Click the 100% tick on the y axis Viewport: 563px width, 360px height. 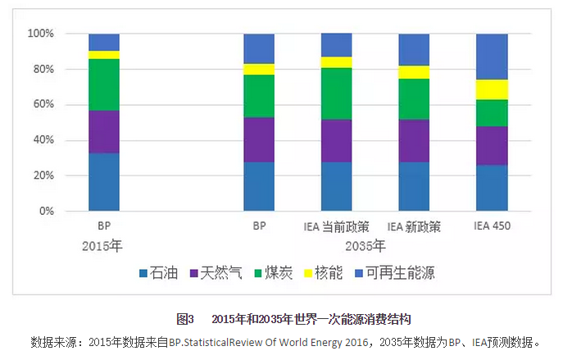pyautogui.click(x=40, y=34)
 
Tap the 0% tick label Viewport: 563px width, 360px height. pyautogui.click(x=46, y=212)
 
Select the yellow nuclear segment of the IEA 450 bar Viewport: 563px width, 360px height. pyautogui.click(x=492, y=89)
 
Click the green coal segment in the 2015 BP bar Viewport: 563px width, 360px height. pyautogui.click(x=104, y=84)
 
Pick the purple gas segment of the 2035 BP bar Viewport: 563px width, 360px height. pyautogui.click(x=259, y=139)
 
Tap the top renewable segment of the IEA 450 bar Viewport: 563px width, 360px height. pyautogui.click(x=492, y=57)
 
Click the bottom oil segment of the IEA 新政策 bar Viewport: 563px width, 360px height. pyautogui.click(x=414, y=186)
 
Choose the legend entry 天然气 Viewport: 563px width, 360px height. pyautogui.click(x=216, y=274)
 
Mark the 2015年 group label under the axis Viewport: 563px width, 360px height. pyautogui.click(x=104, y=245)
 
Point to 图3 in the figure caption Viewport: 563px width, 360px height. pyautogui.click(x=184, y=318)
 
